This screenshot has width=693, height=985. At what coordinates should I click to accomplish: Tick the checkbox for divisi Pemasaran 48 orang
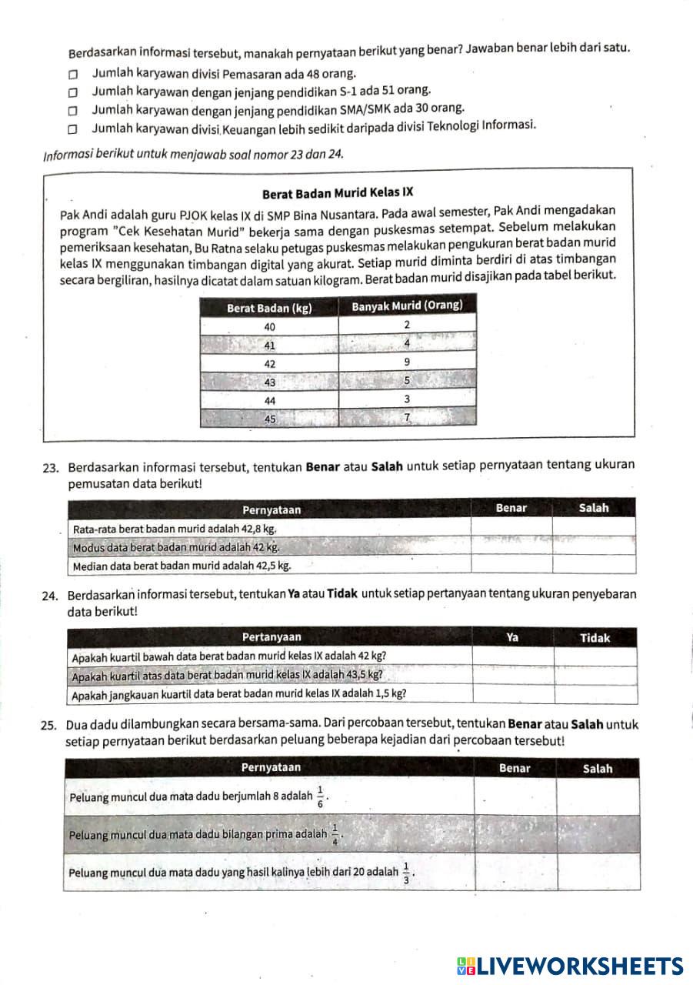pyautogui.click(x=72, y=75)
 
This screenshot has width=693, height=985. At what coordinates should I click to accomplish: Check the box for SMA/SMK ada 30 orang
pyautogui.click(x=72, y=111)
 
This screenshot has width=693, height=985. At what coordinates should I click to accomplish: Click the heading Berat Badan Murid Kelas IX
pyautogui.click(x=338, y=193)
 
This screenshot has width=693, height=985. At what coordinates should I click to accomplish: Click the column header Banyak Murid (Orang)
pyautogui.click(x=407, y=306)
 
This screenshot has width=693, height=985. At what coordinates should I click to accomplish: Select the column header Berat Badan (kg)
pyautogui.click(x=269, y=308)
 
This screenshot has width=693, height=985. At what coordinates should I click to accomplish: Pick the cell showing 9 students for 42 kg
pyautogui.click(x=407, y=362)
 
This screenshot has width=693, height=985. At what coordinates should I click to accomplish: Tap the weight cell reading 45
pyautogui.click(x=270, y=419)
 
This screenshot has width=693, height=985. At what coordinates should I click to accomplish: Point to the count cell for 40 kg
pyautogui.click(x=407, y=326)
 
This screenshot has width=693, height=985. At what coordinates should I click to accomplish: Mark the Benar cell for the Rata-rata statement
pyautogui.click(x=511, y=528)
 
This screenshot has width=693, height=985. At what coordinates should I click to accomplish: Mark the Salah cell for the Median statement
pyautogui.click(x=594, y=565)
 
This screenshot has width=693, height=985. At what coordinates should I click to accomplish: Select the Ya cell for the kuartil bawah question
pyautogui.click(x=512, y=656)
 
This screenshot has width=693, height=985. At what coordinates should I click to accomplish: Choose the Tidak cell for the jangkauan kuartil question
pyautogui.click(x=595, y=694)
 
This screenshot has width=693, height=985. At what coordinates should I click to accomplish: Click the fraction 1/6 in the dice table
pyautogui.click(x=320, y=796)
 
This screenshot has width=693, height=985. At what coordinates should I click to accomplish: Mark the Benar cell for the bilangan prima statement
pyautogui.click(x=515, y=833)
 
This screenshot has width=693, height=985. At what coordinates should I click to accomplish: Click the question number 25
pyautogui.click(x=51, y=725)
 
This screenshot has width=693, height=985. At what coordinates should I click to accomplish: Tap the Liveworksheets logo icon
pyautogui.click(x=466, y=966)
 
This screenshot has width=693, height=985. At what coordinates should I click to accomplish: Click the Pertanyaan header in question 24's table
pyautogui.click(x=272, y=637)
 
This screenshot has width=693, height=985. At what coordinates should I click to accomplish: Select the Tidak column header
pyautogui.click(x=595, y=638)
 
